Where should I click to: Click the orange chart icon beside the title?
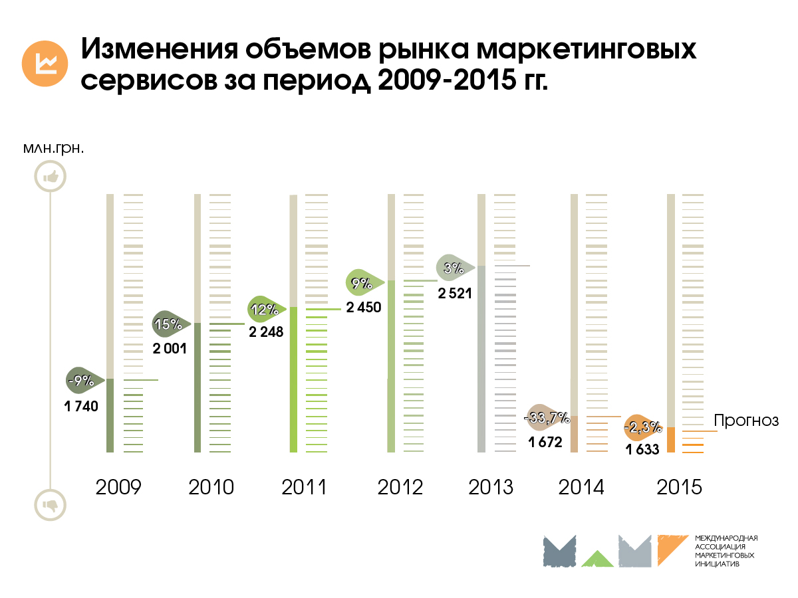pyautogui.click(x=45, y=62)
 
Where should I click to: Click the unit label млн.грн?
pyautogui.click(x=53, y=148)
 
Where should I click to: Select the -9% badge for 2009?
pyautogui.click(x=84, y=381)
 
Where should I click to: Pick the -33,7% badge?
pyautogui.click(x=547, y=417)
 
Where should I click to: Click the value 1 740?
pyautogui.click(x=81, y=407)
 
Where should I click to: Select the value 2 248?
pyautogui.click(x=266, y=333)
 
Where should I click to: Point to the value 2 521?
pyautogui.click(x=455, y=292)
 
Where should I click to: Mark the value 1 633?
pyautogui.click(x=642, y=450)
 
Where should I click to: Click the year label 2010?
pyautogui.click(x=211, y=487)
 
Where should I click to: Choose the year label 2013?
pyautogui.click(x=491, y=487)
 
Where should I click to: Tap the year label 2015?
pyautogui.click(x=679, y=487)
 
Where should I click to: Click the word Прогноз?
pyautogui.click(x=745, y=421)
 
